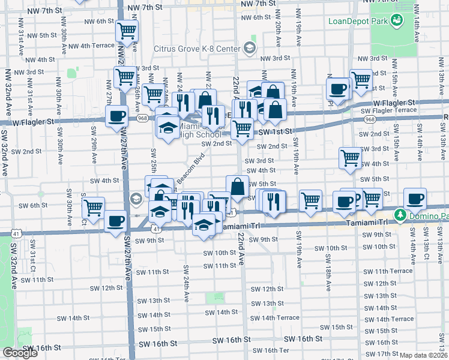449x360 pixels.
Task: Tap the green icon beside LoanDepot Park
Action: (397, 22)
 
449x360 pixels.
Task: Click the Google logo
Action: (20, 353)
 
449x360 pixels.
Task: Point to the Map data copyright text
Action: (423, 355)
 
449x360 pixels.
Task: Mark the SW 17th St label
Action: (381, 354)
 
